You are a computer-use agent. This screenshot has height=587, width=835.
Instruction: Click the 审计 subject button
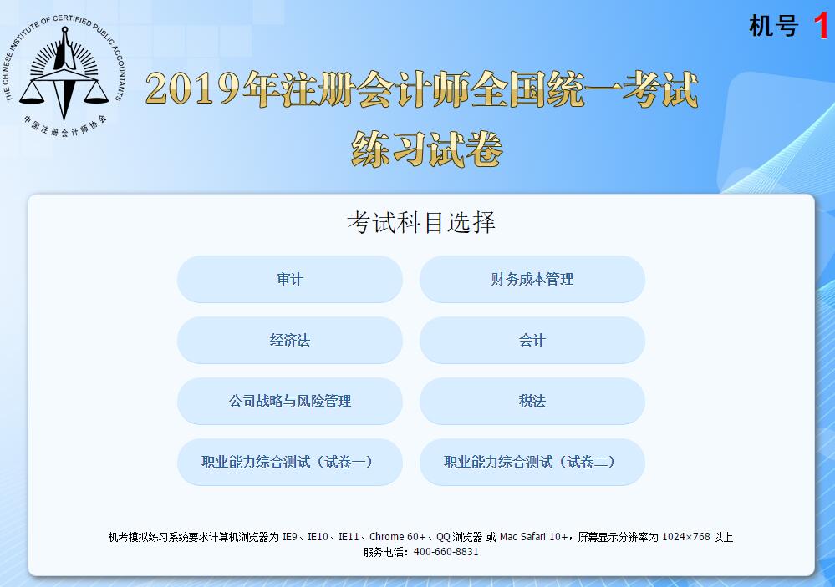(289, 280)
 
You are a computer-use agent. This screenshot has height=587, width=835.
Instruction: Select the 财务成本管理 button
(532, 280)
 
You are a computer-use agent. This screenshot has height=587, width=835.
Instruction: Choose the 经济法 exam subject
(289, 341)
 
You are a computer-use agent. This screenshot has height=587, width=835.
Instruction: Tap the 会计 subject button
(532, 341)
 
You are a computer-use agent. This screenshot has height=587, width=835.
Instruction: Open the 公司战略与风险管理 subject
(289, 402)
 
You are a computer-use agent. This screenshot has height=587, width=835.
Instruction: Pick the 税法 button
(532, 402)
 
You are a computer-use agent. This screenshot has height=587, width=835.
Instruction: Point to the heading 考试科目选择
(421, 223)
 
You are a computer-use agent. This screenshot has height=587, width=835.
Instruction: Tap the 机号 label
(773, 27)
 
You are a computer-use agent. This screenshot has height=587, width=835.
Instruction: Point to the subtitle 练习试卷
(427, 149)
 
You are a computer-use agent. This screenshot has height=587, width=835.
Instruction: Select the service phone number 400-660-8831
(446, 552)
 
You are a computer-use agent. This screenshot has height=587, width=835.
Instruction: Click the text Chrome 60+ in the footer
(398, 537)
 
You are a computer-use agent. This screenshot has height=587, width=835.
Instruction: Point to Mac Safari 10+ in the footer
(535, 537)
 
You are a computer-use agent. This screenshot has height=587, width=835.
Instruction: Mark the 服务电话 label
(384, 552)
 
